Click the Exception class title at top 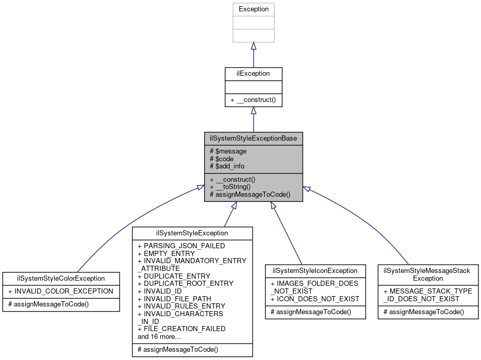[x=253, y=9]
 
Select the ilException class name [x=253, y=74]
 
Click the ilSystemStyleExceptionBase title [x=253, y=139]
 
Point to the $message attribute [x=228, y=151]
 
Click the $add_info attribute [x=227, y=166]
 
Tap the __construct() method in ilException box [x=253, y=99]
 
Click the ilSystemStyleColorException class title [x=61, y=278]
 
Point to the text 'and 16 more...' [x=159, y=336]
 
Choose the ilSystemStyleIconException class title [x=315, y=270]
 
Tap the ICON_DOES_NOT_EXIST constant [x=315, y=299]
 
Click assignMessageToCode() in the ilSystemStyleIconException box [x=311, y=312]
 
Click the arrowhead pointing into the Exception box [x=253, y=46]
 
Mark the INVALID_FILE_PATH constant [x=174, y=298]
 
